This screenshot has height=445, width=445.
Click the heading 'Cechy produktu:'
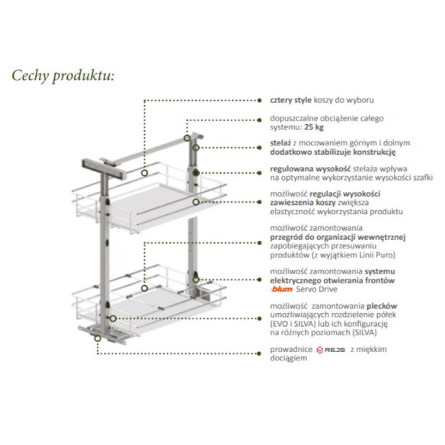coord(62,75)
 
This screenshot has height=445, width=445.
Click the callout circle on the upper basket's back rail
coord(146,174)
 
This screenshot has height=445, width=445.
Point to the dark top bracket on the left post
coord(94,163)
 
